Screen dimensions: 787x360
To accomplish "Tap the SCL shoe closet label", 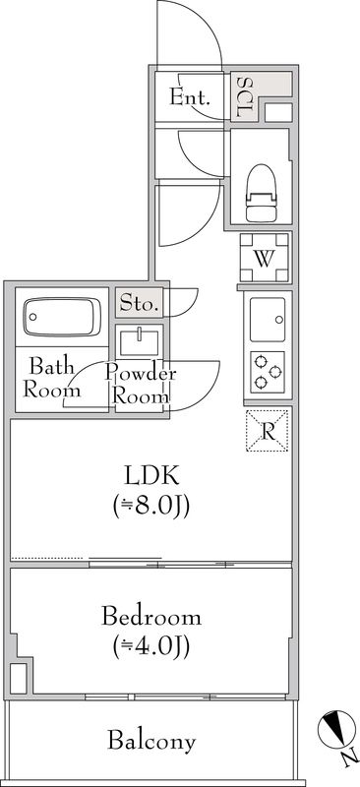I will point(244,96).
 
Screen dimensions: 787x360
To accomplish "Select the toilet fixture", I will point(261,192).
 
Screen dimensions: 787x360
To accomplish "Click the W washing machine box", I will point(265,258).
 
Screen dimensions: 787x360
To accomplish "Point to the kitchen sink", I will point(268,318).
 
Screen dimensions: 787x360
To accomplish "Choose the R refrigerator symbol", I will point(268,429).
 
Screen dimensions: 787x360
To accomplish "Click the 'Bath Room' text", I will point(50,379).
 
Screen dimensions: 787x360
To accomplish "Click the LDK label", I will point(150,475).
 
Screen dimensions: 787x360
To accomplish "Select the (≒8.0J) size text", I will point(150,508).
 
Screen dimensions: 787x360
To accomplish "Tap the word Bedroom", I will point(151,619).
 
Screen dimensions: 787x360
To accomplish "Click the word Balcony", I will point(151,741).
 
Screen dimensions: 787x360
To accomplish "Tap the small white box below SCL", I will point(277,111).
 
